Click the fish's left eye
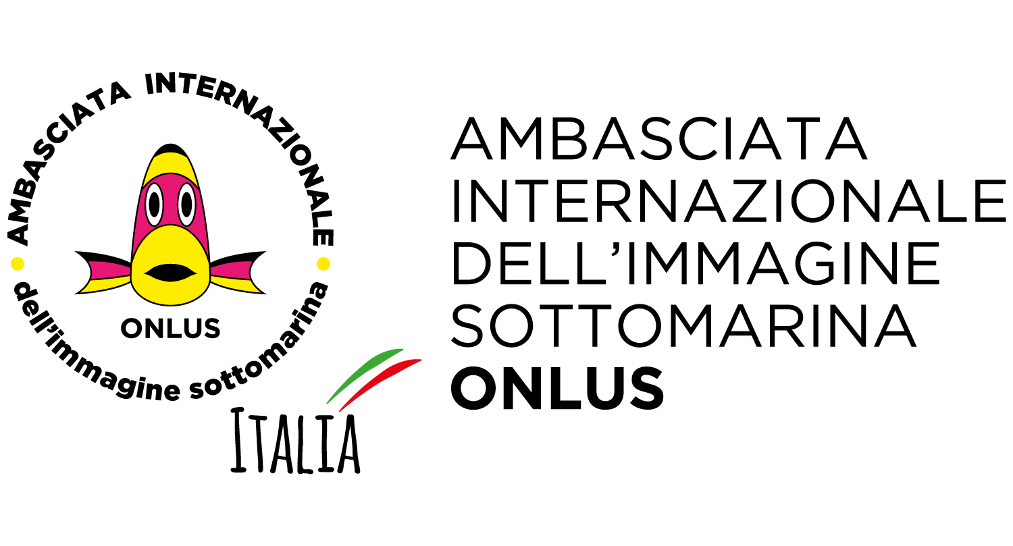(x=154, y=204)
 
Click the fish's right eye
(x=186, y=204)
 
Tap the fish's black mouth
(x=170, y=273)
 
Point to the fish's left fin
(x=103, y=273)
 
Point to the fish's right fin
(x=238, y=273)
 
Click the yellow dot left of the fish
(x=17, y=264)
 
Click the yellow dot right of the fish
(x=323, y=263)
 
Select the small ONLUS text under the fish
(x=170, y=329)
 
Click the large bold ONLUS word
(x=557, y=388)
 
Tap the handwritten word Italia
(x=295, y=441)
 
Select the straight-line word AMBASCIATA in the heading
(x=658, y=138)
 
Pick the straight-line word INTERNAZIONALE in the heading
(x=729, y=200)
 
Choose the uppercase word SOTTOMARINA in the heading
(x=683, y=325)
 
